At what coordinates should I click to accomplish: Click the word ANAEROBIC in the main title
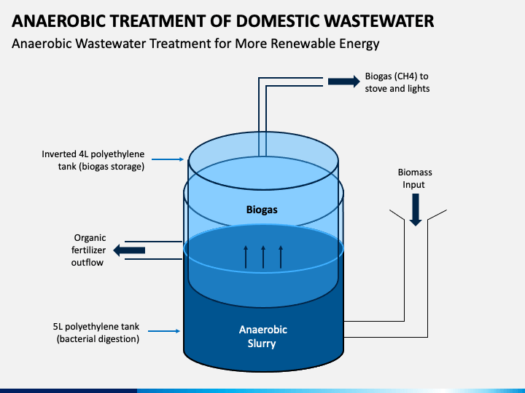58,21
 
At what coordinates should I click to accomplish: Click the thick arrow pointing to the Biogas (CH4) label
344,82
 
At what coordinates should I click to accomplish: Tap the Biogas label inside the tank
262,210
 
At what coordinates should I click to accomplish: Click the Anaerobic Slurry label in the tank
262,336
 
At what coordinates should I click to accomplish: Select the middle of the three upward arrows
263,257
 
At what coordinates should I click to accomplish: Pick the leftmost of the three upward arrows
246,257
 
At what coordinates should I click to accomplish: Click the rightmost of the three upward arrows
281,257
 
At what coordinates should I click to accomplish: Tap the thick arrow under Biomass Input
416,210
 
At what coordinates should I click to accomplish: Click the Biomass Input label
414,178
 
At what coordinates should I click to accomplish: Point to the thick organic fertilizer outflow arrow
129,250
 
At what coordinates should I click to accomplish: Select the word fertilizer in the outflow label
88,250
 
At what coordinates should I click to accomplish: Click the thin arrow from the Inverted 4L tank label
168,159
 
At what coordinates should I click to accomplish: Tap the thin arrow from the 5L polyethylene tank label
164,331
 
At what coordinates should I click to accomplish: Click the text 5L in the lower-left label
58,327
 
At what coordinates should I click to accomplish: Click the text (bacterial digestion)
98,339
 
